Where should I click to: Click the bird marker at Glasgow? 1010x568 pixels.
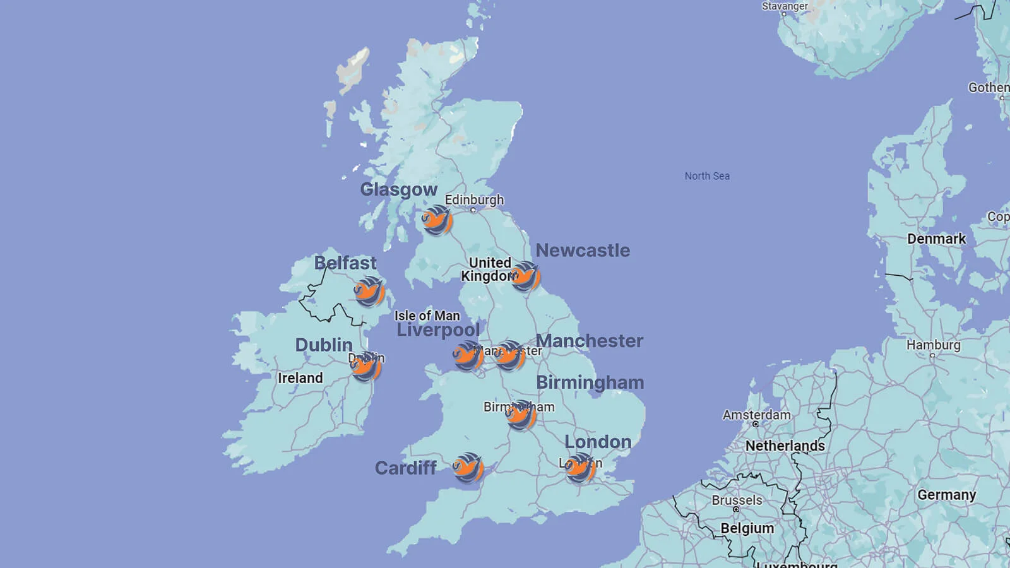coord(437,221)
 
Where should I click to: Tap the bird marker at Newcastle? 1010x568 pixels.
coord(525,276)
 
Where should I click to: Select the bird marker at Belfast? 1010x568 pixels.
coord(369,292)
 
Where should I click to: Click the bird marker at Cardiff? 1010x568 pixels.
coord(468,468)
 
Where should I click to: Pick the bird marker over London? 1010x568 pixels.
coord(580,468)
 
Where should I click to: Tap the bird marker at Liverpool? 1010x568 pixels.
coord(468,356)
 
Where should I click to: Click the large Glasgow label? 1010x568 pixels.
coord(398,189)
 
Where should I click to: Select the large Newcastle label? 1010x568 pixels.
coord(583,251)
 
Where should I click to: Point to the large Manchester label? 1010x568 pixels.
coord(590,341)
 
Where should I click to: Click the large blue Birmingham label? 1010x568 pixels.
coord(590,382)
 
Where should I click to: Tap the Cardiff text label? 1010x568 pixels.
coord(406,468)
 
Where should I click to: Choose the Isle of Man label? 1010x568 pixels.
coord(427,316)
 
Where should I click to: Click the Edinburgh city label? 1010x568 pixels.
coord(474,200)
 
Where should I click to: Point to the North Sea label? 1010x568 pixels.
coord(707,176)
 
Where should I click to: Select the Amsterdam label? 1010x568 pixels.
coord(756,415)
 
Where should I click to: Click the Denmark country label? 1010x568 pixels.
coord(936,239)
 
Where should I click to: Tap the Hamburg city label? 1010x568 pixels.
coord(933,345)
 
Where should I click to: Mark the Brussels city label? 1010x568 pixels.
coord(737,500)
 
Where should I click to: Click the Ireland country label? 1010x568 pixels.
coord(300,378)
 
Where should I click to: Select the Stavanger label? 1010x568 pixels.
coord(785,6)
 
